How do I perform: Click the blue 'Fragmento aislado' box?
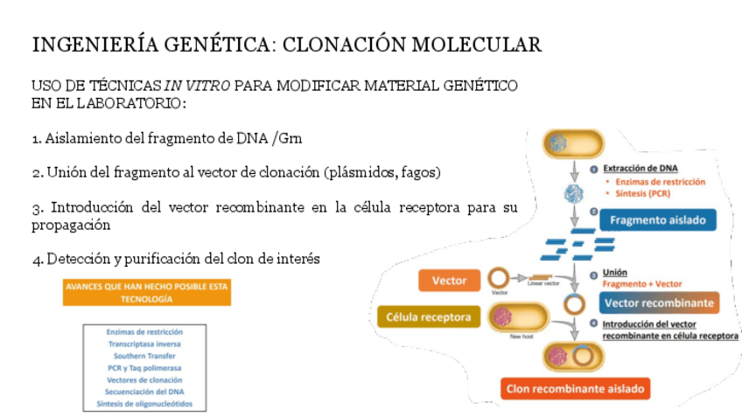click(x=657, y=220)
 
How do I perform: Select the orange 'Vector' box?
click(x=449, y=281)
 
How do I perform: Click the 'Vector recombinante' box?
click(x=659, y=303)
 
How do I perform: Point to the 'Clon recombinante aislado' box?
click(x=575, y=388)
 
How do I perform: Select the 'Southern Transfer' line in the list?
click(x=144, y=356)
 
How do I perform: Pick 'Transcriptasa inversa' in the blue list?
click(x=144, y=344)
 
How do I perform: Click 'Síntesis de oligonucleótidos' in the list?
click(x=144, y=404)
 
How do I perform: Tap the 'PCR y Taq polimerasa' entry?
click(x=144, y=368)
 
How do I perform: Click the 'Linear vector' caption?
click(x=543, y=283)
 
